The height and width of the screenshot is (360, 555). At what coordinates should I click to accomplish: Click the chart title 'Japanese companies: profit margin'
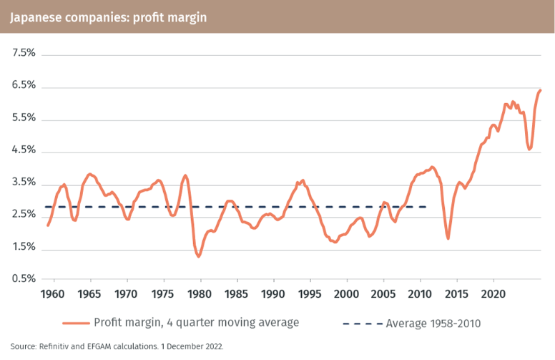[108, 17]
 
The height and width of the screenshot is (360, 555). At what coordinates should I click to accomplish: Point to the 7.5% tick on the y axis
[24, 54]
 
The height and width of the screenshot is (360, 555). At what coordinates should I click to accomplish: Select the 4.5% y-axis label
[24, 151]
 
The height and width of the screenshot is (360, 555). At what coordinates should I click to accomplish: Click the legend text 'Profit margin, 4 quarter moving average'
[197, 323]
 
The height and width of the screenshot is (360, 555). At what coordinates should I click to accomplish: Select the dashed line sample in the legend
[361, 323]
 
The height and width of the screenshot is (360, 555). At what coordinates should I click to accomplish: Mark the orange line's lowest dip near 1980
[199, 256]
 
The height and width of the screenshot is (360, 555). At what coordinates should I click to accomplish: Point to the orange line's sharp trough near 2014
[448, 238]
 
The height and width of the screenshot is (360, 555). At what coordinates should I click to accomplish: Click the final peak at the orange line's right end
[540, 90]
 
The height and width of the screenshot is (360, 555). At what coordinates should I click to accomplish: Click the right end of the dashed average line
[427, 207]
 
